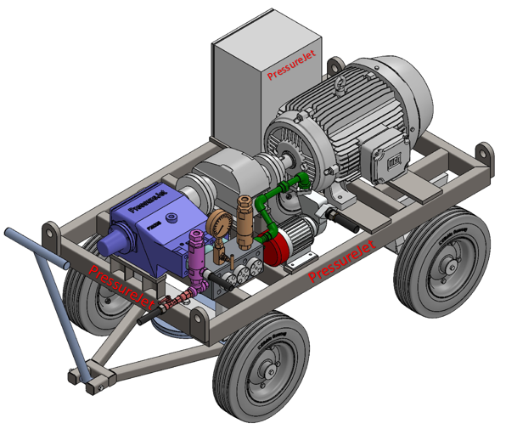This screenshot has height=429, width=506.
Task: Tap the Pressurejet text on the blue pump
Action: [150, 204]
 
